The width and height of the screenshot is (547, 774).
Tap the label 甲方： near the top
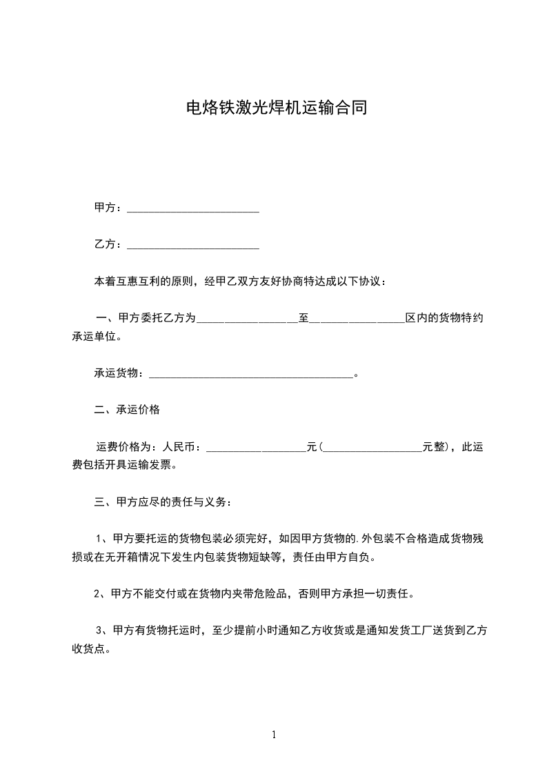[108, 208]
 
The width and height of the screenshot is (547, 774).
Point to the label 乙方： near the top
[108, 244]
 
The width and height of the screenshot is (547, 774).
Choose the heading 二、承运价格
[127, 410]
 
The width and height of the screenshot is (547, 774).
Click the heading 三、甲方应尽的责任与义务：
[163, 502]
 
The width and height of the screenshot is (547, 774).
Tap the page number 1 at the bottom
[274, 735]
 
